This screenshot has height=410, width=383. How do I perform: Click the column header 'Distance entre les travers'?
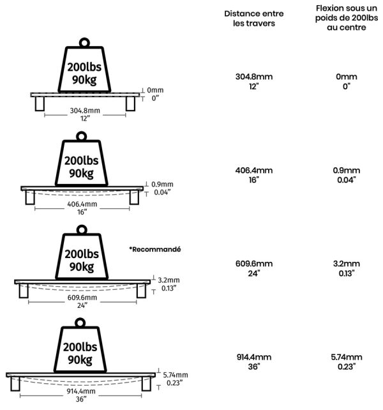253,19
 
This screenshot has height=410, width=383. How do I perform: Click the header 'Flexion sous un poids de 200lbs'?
347,13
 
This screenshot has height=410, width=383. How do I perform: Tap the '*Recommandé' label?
154,249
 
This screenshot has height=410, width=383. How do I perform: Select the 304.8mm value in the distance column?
254,77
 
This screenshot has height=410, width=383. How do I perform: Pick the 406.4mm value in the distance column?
254,171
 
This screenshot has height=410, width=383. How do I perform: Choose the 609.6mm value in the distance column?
254,264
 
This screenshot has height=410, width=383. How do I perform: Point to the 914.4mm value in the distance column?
254,357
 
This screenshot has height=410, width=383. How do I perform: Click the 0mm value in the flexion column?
347,77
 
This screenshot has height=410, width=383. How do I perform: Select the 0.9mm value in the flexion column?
347,171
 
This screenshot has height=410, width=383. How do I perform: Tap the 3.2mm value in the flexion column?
347,264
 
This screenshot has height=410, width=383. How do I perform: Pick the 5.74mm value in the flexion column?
347,357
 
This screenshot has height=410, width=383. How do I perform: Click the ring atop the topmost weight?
84,39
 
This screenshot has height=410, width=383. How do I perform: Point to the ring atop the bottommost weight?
80,319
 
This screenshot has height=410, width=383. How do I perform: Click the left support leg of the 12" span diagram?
40,104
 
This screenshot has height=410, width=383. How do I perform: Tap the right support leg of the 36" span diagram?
146,384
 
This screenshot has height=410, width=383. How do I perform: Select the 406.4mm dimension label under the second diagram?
82,204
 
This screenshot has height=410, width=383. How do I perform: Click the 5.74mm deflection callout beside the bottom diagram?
176,375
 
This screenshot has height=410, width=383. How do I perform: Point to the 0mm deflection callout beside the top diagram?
155,90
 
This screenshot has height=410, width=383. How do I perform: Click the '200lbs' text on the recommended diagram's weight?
82,254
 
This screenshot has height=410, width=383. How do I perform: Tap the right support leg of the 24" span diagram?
142,291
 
